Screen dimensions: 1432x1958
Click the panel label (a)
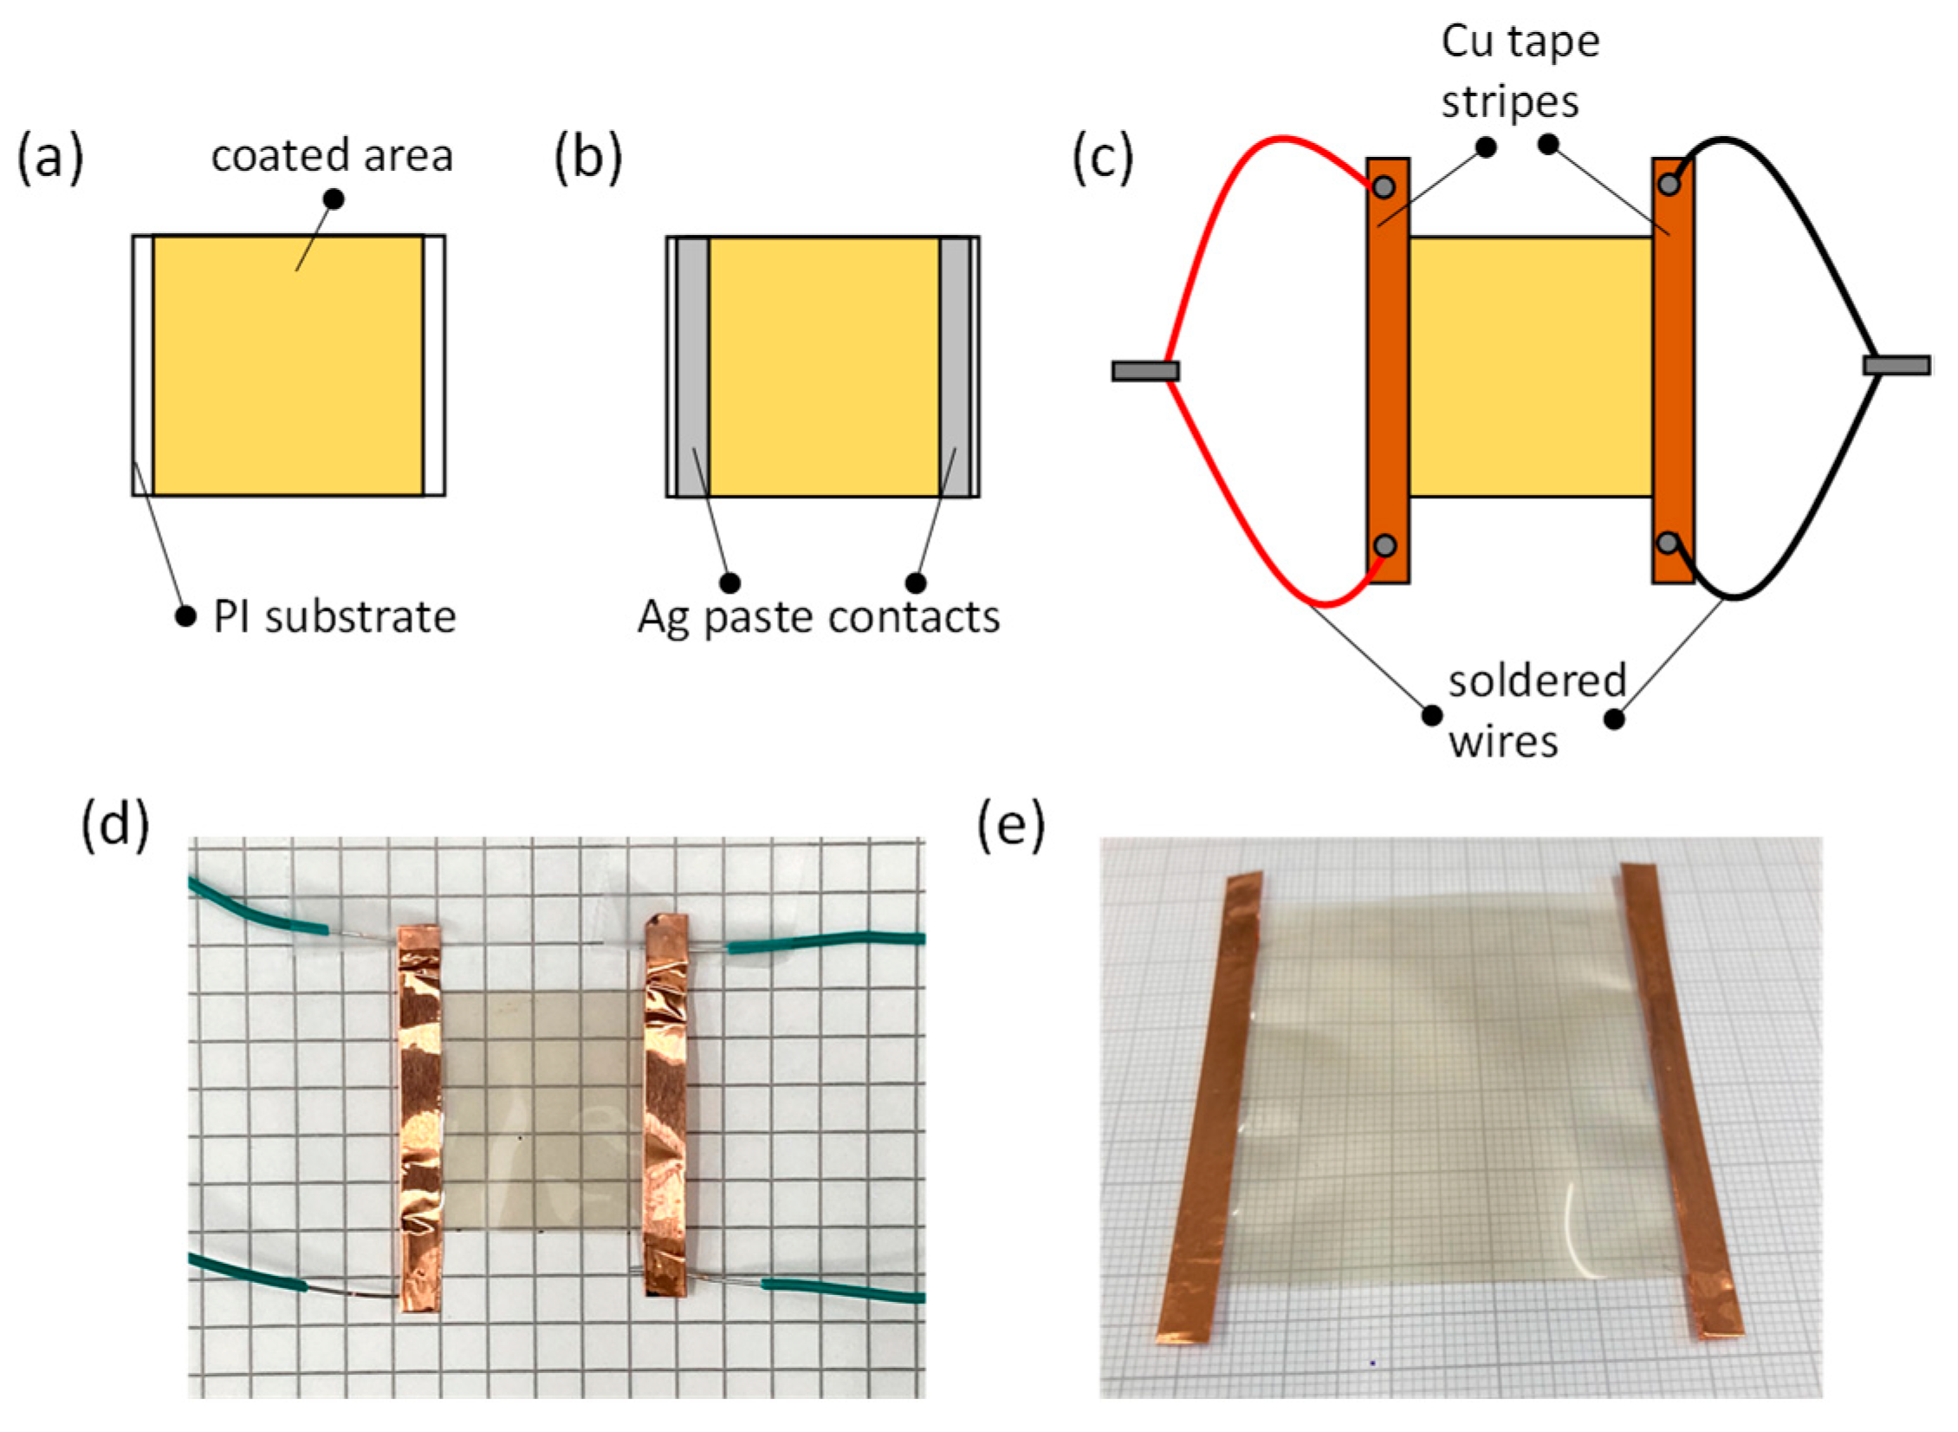click(x=50, y=159)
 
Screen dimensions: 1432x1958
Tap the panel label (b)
click(x=588, y=159)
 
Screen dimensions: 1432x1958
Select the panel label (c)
click(x=1103, y=159)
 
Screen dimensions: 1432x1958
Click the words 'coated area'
click(x=332, y=156)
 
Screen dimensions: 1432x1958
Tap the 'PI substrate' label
click(x=334, y=617)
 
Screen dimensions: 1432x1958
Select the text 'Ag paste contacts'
click(x=819, y=617)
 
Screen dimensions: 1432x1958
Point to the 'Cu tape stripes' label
click(x=1520, y=71)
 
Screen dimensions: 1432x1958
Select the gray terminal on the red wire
click(x=1145, y=371)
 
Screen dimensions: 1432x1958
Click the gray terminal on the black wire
click(x=1896, y=365)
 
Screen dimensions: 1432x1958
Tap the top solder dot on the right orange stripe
click(x=1669, y=184)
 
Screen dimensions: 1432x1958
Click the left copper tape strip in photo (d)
click(x=420, y=1118)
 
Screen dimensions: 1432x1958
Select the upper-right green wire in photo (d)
click(x=823, y=941)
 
